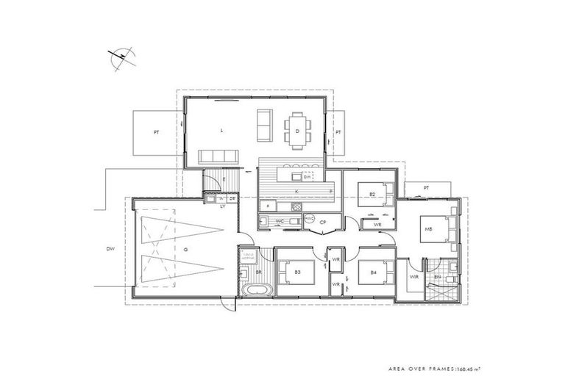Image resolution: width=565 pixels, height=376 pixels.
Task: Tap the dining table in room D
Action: click(298, 127)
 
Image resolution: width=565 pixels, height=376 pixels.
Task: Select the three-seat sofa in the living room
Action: click(220, 156)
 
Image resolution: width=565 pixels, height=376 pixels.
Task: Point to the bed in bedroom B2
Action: click(371, 195)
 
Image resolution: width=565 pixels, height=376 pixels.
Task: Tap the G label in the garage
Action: click(186, 250)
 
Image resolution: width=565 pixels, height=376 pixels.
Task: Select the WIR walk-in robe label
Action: click(413, 277)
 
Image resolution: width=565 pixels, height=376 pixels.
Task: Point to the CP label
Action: click(322, 221)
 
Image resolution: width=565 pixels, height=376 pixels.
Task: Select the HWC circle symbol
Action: click(309, 219)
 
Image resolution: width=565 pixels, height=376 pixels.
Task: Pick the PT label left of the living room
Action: click(156, 133)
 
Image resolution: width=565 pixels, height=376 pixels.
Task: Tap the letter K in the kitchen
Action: click(296, 189)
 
